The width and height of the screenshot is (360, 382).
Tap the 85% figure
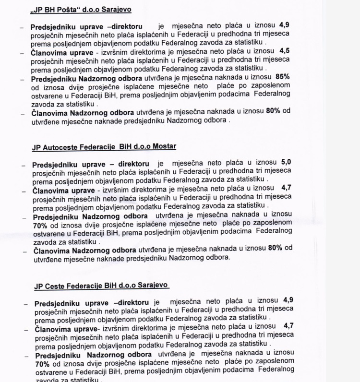284,77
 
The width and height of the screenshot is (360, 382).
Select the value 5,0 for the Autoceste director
286,163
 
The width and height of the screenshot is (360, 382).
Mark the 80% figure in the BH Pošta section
274,111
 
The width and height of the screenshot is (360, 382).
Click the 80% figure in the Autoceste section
276,248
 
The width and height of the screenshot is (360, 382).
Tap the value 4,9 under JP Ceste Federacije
288,300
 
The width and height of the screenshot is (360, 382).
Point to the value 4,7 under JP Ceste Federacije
289,325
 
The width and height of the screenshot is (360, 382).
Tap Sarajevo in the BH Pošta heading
115,9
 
